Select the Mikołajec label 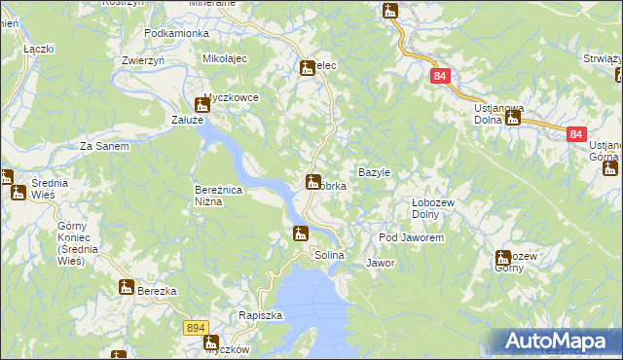click(x=225, y=59)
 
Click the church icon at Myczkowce click(x=203, y=103)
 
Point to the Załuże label click(x=187, y=120)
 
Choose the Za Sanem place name click(x=104, y=147)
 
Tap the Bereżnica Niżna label click(x=223, y=196)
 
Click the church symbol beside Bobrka click(x=313, y=181)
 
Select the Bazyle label click(x=374, y=172)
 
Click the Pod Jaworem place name click(x=412, y=237)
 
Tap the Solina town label click(x=329, y=255)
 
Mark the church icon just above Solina click(x=301, y=233)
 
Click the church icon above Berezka click(x=126, y=287)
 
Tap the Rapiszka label click(x=260, y=315)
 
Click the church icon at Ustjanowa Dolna click(x=512, y=119)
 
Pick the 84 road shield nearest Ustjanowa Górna click(x=576, y=134)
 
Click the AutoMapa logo click(x=559, y=341)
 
